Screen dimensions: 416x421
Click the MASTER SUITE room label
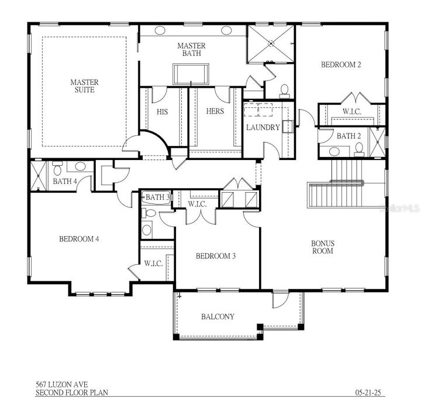coord(84,86)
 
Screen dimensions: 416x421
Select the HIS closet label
coord(163,111)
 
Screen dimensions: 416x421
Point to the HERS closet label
coord(215,111)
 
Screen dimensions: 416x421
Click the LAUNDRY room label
coord(263,127)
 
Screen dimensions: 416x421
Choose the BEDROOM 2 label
coord(340,65)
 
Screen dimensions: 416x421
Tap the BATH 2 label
coord(349,136)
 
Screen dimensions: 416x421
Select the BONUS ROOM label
coord(322,247)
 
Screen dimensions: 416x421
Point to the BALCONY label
coord(218,316)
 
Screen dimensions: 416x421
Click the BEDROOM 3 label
coord(215,255)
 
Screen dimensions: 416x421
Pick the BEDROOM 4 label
coord(78,238)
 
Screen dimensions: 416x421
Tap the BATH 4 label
coord(65,181)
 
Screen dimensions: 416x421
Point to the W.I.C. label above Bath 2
coord(351,111)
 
